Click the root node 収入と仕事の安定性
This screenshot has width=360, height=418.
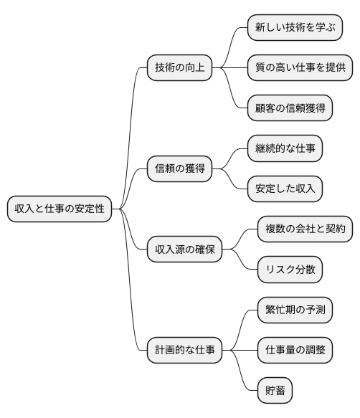(x=60, y=209)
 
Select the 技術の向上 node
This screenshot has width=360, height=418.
(x=180, y=67)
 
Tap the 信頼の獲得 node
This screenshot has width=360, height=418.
(x=180, y=169)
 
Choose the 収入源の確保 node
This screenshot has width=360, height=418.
(x=184, y=250)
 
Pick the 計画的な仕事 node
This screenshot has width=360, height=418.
(x=184, y=351)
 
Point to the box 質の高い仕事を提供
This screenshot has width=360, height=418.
(x=300, y=67)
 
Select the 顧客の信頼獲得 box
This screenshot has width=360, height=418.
(x=290, y=108)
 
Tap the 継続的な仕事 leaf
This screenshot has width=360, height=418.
(x=285, y=149)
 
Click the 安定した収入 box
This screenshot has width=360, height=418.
(x=285, y=189)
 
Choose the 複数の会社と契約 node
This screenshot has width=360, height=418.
(x=305, y=229)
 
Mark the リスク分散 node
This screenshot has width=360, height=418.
(x=290, y=270)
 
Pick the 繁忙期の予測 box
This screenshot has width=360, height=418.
(x=295, y=310)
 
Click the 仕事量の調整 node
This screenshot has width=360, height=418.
(x=295, y=351)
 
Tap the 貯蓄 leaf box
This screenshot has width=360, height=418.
(x=275, y=391)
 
